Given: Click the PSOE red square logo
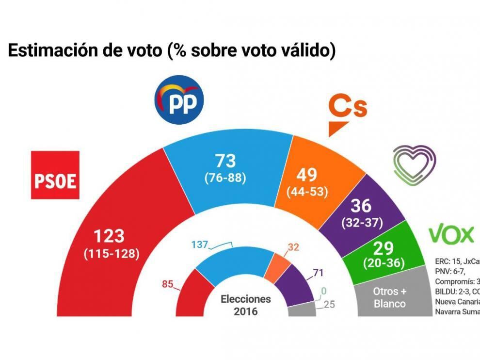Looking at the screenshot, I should [x=55, y=175].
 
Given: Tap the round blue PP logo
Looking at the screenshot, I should [x=178, y=99].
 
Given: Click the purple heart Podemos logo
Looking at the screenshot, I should [x=415, y=164].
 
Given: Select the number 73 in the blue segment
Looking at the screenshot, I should [x=224, y=161].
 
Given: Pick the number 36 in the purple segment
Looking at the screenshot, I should [x=362, y=206].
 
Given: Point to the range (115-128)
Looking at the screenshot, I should [x=111, y=253].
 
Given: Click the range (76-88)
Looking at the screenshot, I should [x=224, y=178].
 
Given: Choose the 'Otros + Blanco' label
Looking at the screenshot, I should [x=389, y=297].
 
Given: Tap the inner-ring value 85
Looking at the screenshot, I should [x=168, y=284].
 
